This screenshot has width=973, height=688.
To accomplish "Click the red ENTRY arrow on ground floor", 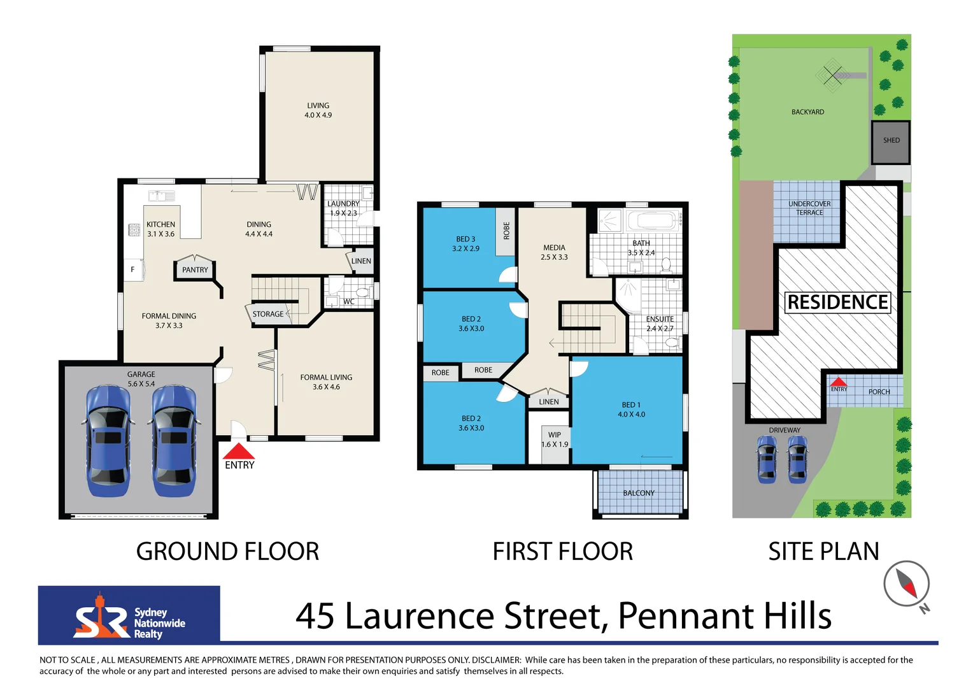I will click(x=239, y=452).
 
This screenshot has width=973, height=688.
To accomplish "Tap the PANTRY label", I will click(x=195, y=269).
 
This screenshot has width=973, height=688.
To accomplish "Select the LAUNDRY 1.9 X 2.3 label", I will click(x=343, y=208).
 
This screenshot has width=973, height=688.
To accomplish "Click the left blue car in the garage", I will click(x=108, y=441).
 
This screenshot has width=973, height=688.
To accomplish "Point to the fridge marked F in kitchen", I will click(x=133, y=269).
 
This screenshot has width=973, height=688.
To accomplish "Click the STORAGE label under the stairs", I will click(x=268, y=314).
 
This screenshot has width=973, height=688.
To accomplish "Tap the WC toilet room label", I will click(x=349, y=301).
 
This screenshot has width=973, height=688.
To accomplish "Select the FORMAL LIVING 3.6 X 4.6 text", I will click(x=326, y=382).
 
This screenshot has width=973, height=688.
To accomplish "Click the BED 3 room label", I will click(x=465, y=244).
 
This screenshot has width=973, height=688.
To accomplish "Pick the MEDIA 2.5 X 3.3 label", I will click(x=554, y=252).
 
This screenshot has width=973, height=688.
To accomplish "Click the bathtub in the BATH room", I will click(x=651, y=221).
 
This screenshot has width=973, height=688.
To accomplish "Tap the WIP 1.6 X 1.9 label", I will click(x=555, y=440).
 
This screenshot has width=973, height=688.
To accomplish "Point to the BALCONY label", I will click(x=639, y=493).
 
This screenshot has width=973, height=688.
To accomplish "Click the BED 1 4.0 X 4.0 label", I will click(x=631, y=410).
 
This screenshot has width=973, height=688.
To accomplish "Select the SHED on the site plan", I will click(x=891, y=141).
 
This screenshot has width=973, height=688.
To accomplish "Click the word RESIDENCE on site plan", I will click(x=837, y=302).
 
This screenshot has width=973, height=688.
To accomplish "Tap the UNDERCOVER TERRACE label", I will click(x=809, y=208).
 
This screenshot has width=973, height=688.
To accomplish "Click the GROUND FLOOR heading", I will click(x=227, y=552).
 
